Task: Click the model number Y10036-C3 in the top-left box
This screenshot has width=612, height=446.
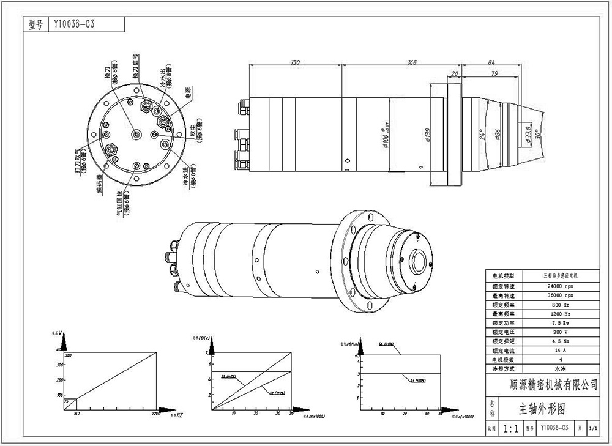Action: (x=73, y=24)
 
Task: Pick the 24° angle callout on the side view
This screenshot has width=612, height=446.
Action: (x=482, y=135)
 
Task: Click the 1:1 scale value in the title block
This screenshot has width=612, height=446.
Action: (x=512, y=429)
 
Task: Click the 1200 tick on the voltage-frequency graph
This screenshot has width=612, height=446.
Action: (x=157, y=414)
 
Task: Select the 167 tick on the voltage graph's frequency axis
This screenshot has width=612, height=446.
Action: (x=77, y=414)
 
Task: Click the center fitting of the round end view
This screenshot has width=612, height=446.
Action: (x=137, y=134)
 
